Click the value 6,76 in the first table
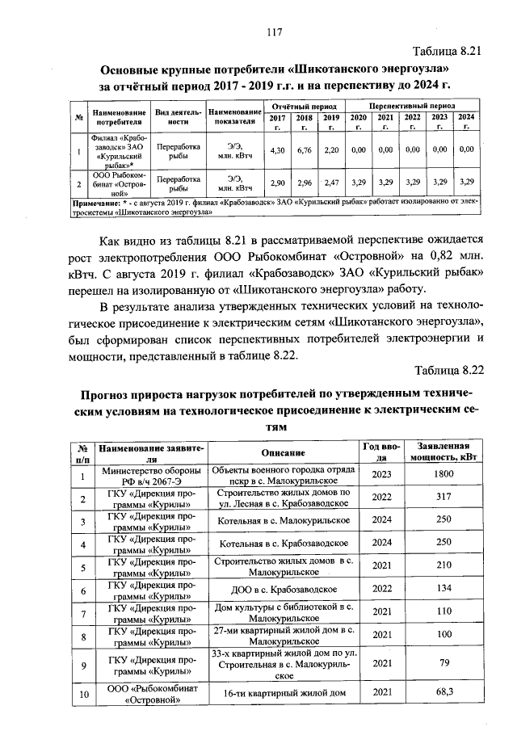[x=305, y=150]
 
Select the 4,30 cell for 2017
[x=277, y=150]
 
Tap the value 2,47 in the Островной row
[x=331, y=183]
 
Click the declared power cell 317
[x=443, y=498]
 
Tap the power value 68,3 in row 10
[x=443, y=691]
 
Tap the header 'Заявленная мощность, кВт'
[x=443, y=452]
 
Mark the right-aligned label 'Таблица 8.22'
[x=448, y=370]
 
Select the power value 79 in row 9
[x=443, y=663]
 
